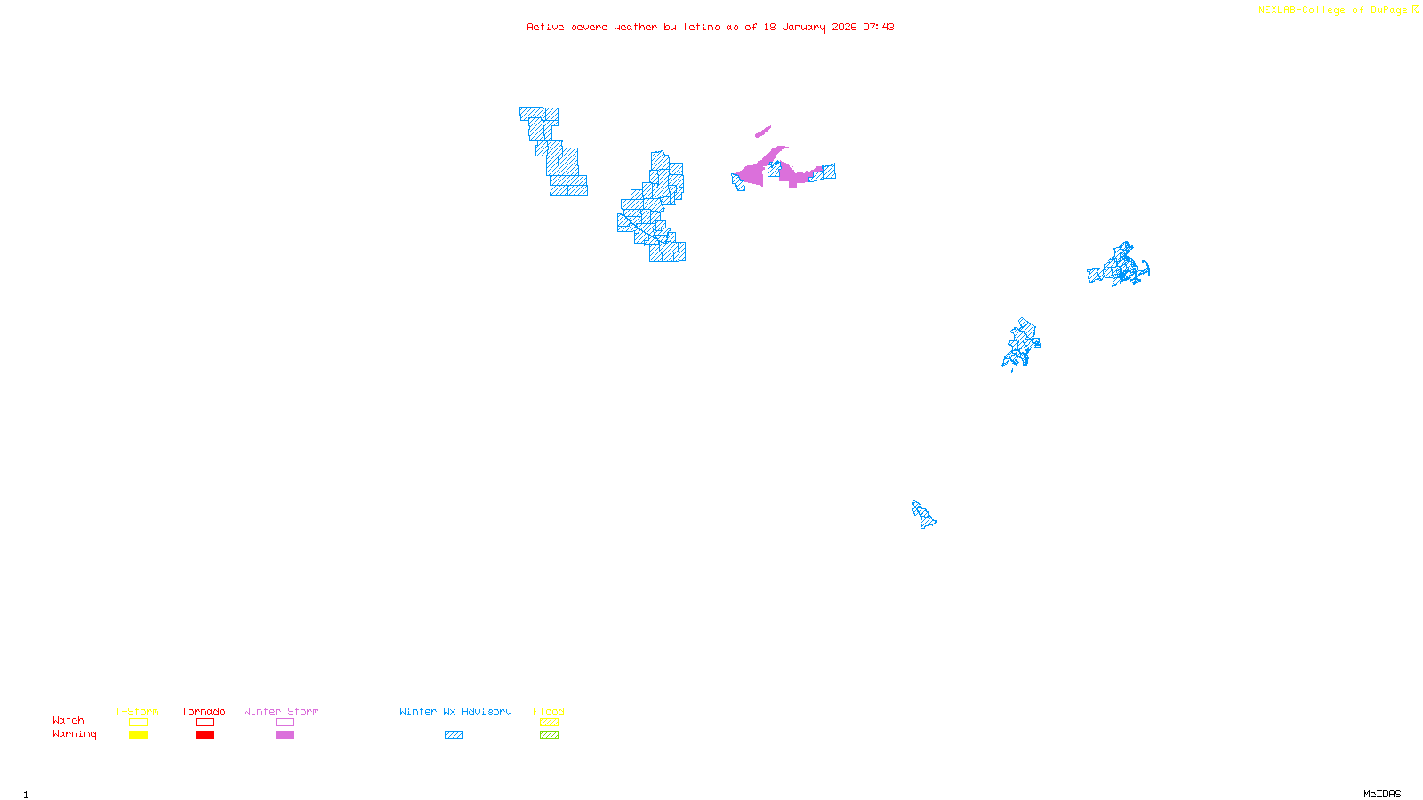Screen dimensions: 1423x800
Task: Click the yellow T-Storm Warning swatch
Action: tap(138, 735)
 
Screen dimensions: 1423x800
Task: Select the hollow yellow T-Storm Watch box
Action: tap(138, 723)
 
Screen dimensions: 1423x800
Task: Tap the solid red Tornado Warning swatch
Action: tap(205, 735)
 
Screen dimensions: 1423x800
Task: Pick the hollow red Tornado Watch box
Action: tap(205, 723)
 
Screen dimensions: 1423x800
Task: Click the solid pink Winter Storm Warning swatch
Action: tap(285, 735)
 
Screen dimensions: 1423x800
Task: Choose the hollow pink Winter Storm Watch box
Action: tap(285, 723)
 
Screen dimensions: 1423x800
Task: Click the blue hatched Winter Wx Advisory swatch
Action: tap(454, 735)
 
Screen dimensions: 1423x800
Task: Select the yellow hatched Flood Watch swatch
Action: tap(549, 723)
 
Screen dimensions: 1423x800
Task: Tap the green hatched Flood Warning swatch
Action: tap(549, 735)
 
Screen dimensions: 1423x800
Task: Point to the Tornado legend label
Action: tap(204, 711)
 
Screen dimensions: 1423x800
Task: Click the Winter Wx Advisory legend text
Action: tap(455, 711)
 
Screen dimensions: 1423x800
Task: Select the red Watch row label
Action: tap(68, 720)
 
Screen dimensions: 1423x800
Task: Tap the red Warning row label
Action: tap(75, 734)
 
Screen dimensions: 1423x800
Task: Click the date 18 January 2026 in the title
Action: tap(809, 27)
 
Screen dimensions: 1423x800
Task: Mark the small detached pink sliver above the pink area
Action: tap(763, 132)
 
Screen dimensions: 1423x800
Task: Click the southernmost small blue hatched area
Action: tap(923, 514)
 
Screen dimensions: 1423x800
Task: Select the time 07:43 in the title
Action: tap(879, 27)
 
